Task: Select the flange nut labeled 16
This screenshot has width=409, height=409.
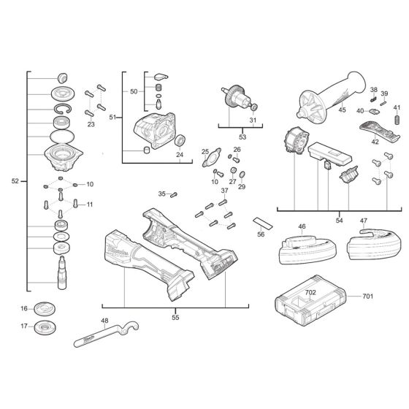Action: point(47,308)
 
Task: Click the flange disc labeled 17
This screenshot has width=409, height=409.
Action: point(48,326)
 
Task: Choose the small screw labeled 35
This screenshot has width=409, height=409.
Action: point(174,194)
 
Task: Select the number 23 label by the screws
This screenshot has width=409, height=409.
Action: point(91,125)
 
